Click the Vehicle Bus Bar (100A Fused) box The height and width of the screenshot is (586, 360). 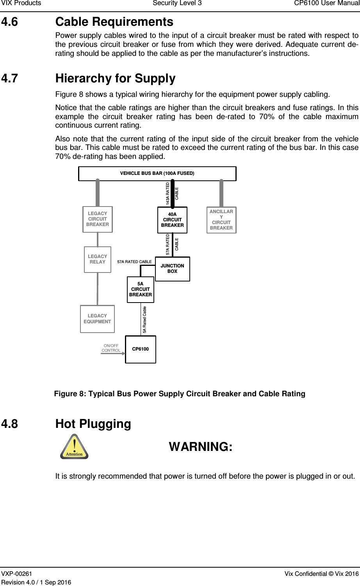point(157,173)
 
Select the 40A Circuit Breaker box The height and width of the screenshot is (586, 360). point(172,220)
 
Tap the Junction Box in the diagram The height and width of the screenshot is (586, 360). point(172,269)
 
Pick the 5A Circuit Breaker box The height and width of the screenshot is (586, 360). point(141,289)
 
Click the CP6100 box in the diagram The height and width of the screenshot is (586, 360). point(141,349)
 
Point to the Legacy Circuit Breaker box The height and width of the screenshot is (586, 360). point(98,219)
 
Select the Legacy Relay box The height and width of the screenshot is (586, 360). point(98,259)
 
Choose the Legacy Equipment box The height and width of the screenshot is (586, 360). point(97,319)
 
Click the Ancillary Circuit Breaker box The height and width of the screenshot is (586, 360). point(221,220)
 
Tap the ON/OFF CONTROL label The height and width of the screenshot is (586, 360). point(111,348)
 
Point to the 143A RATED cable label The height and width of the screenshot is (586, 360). point(168,194)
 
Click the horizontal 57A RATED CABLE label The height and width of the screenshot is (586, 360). point(134,262)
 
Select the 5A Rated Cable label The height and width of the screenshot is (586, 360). point(144,320)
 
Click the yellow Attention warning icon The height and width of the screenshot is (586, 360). point(74,447)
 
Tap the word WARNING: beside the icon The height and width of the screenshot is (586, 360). point(201,447)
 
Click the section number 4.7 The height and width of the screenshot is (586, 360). point(9,78)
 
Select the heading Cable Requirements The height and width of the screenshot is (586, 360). point(114,21)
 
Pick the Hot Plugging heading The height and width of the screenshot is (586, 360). point(93,424)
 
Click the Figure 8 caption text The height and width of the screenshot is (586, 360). point(180,394)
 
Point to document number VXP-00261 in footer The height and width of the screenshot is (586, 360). point(17,573)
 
